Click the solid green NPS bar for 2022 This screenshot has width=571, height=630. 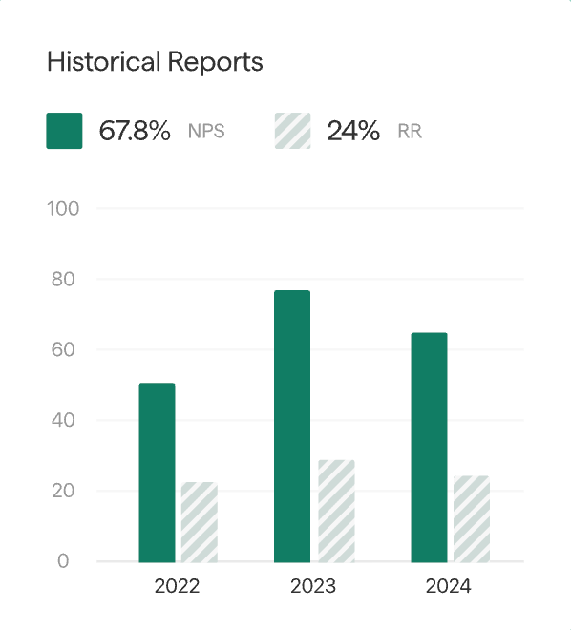pos(157,472)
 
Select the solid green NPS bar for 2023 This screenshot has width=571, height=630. pos(292,426)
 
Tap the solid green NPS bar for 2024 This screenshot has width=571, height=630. pos(429,447)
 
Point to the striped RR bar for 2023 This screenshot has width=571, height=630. pos(336,511)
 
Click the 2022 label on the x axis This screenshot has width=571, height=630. pos(177,586)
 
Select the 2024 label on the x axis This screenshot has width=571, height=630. pos(449,586)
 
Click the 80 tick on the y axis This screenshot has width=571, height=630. pos(63,280)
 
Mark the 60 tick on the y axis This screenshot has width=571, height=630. pos(63,350)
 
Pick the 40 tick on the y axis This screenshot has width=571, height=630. pos(63,420)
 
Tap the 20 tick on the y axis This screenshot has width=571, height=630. pos(63,491)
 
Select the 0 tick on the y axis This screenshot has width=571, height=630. pos(63,561)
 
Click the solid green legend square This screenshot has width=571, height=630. pos(64,131)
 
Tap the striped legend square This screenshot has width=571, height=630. pos(293,131)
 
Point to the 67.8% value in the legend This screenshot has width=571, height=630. pos(135,131)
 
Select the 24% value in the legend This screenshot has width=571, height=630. pos(353,131)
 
